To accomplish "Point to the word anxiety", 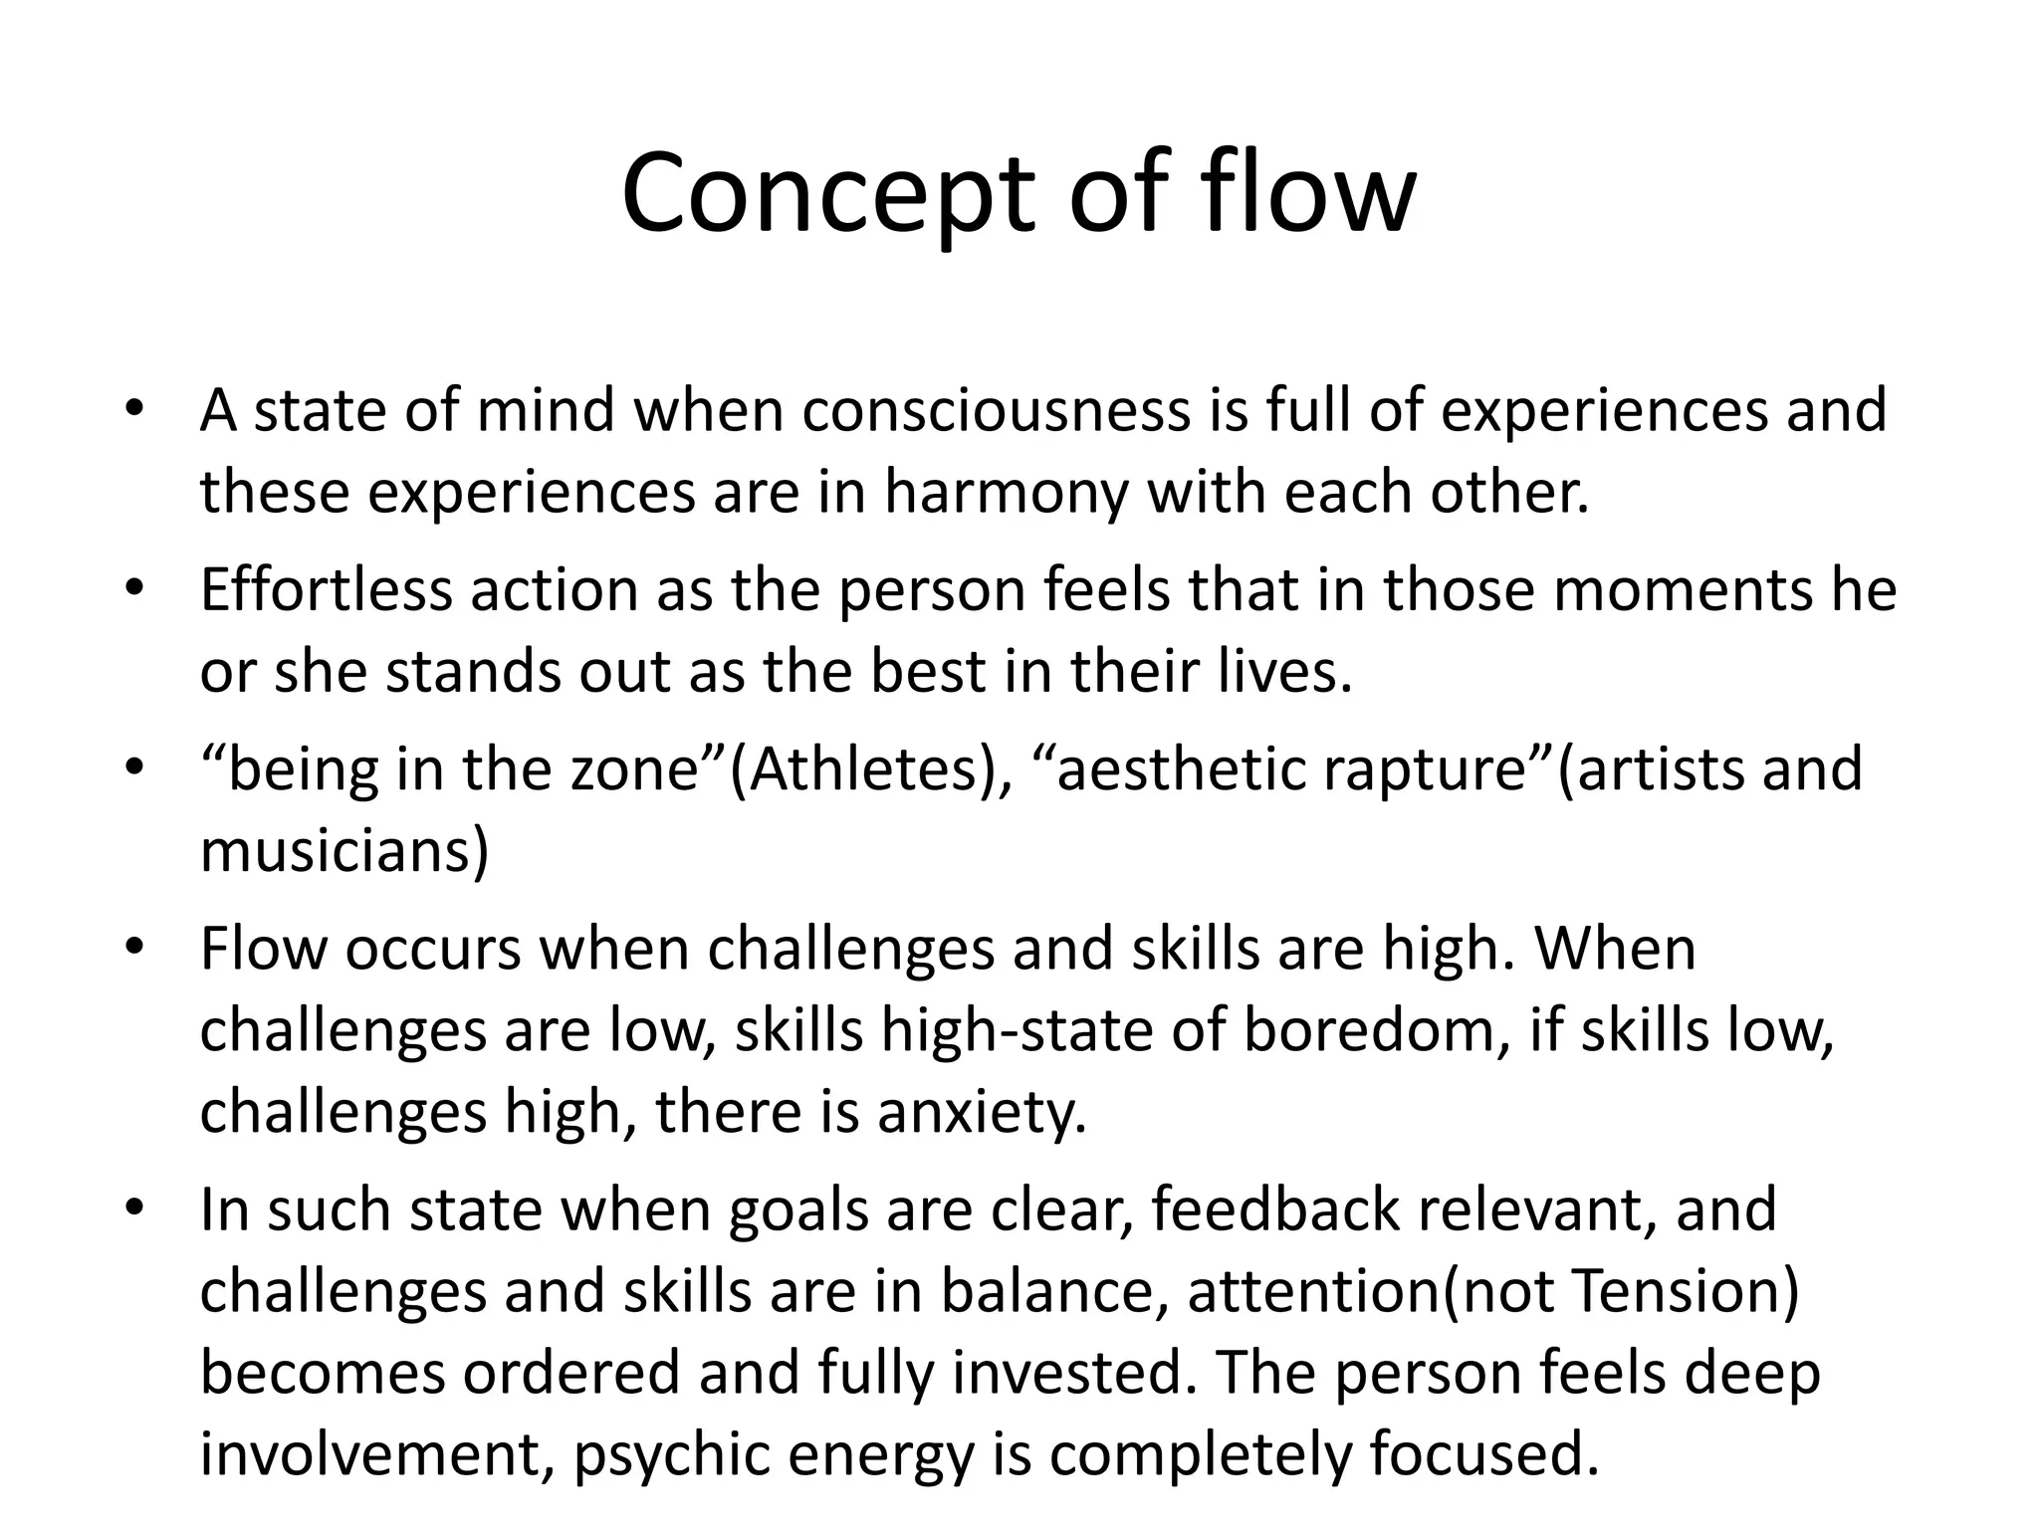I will [x=981, y=1113].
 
